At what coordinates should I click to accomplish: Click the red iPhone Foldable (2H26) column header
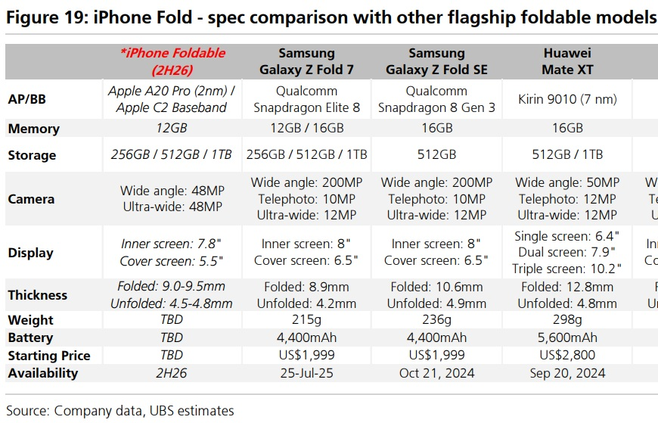172,61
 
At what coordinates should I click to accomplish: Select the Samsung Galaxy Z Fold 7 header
307,61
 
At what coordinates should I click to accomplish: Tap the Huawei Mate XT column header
567,61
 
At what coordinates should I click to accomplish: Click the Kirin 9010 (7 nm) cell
567,99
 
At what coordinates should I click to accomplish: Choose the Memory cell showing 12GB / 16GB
307,129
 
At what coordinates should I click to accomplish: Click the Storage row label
32,155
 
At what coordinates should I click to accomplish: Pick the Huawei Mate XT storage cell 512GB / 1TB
567,155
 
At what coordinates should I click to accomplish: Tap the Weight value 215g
307,320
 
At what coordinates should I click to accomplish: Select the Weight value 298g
567,320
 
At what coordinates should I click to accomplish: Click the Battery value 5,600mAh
567,337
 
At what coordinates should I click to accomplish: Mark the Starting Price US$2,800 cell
567,355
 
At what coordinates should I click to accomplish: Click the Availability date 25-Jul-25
307,372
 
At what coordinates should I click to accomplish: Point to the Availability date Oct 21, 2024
436,372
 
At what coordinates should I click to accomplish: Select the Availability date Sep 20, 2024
567,372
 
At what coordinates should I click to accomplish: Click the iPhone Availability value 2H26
172,372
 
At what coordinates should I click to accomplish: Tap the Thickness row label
38,295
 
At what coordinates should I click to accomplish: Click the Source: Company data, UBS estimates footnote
120,411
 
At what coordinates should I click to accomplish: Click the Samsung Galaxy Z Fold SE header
436,61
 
